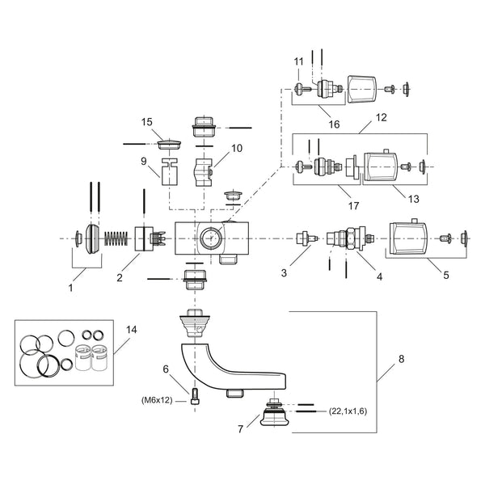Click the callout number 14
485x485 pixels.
click(132, 330)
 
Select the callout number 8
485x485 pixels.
click(401, 359)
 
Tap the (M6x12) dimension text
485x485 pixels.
click(157, 400)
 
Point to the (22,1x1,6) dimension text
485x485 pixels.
click(348, 411)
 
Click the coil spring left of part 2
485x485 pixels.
click(116, 238)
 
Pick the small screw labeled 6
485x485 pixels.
click(195, 396)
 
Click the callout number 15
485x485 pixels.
click(147, 122)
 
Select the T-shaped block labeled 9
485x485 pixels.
click(170, 171)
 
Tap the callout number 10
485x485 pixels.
click(237, 148)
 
